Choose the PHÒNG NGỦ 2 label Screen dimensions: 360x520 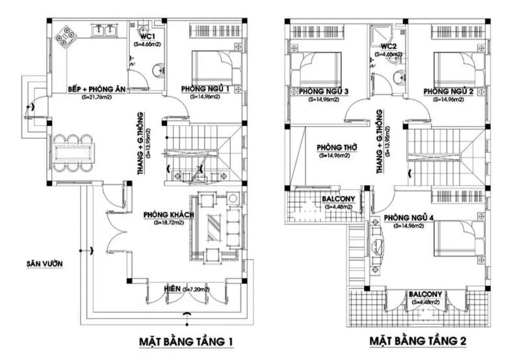click(447, 91)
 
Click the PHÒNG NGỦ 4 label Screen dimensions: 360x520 click(408, 217)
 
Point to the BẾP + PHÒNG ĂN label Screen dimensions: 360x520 click(96, 89)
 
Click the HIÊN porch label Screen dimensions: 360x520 click(172, 288)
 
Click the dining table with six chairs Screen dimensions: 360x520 click(72, 153)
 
